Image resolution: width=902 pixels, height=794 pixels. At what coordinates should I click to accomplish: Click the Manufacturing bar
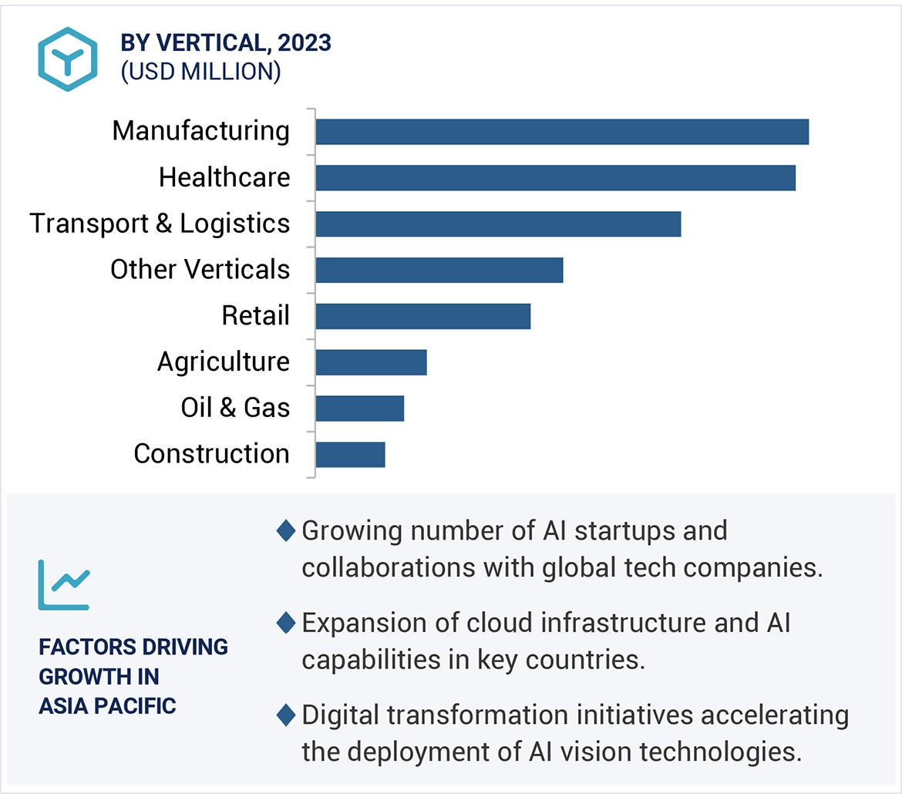pos(562,132)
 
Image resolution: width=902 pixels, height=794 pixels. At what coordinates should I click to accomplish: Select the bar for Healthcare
pos(555,178)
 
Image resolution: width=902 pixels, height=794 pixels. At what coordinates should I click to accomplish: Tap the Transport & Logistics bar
pos(498,224)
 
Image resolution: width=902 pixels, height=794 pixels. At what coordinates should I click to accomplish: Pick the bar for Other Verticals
pos(439,271)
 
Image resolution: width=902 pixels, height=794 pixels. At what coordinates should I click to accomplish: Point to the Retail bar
pos(422,317)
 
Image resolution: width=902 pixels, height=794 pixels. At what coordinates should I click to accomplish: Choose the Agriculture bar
pos(371,362)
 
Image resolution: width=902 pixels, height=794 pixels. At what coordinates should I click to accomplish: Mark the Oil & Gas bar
pos(359,409)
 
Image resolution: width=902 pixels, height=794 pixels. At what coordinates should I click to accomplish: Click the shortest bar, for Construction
pos(350,455)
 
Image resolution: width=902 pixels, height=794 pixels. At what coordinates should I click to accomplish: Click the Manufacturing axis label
pos(200,131)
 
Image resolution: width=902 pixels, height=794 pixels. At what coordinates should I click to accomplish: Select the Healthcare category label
pos(224,177)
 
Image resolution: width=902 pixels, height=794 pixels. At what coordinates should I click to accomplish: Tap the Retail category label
pos(255,316)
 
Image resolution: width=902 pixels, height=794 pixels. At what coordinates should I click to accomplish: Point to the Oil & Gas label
pos(235,408)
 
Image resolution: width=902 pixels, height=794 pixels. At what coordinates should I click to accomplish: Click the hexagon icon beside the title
pos(68,59)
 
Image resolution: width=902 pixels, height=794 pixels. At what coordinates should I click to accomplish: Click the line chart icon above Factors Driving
pos(63,584)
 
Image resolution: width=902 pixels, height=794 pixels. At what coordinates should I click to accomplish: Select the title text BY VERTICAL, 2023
pos(226,43)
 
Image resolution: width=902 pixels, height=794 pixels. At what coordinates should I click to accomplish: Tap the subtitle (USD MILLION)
pos(200,71)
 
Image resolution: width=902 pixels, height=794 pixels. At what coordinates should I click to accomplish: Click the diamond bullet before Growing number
pos(285,531)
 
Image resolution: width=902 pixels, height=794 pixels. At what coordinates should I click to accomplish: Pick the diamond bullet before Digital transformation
pos(285,715)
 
